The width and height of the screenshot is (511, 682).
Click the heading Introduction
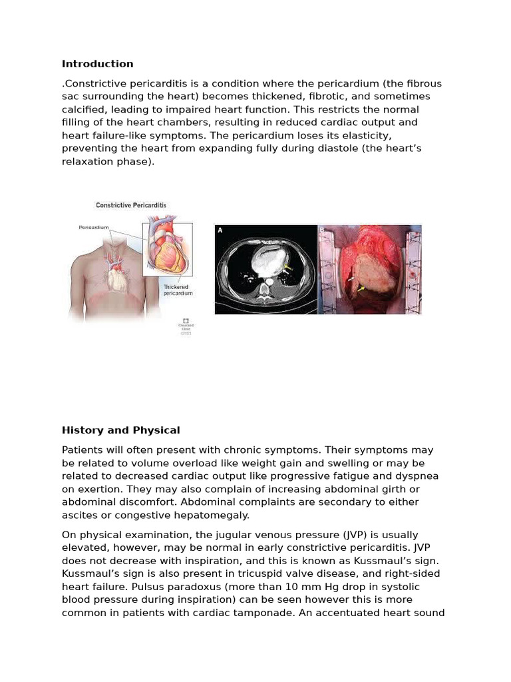pyautogui.click(x=97, y=64)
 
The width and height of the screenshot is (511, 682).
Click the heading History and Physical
pyautogui.click(x=120, y=430)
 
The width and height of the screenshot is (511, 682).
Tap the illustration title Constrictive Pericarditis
pyautogui.click(x=131, y=205)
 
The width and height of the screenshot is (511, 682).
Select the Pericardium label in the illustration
pyautogui.click(x=94, y=228)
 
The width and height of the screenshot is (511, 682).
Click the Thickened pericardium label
pyautogui.click(x=178, y=290)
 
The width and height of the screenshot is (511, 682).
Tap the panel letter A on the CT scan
pyautogui.click(x=220, y=230)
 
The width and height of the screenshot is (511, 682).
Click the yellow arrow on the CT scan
pyautogui.click(x=287, y=268)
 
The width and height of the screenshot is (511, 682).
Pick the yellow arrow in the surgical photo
pyautogui.click(x=362, y=288)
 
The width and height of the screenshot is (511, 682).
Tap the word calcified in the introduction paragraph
pyautogui.click(x=83, y=109)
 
